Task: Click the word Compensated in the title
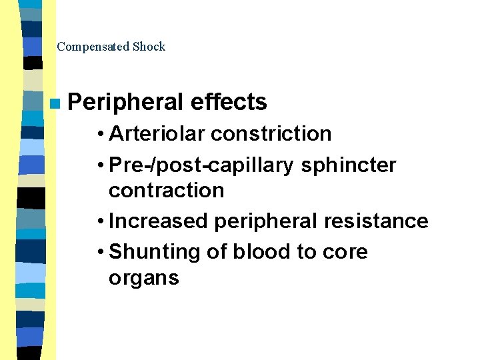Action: (93, 47)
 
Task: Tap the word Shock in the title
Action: (149, 47)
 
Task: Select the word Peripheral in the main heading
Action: (125, 102)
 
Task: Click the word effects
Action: (229, 102)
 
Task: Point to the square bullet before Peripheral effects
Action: (54, 103)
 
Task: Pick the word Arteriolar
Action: (157, 133)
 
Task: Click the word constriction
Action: (271, 133)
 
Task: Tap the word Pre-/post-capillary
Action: (201, 165)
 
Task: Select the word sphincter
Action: (349, 165)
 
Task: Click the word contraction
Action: (166, 191)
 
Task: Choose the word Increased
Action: (159, 221)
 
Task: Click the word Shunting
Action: (153, 252)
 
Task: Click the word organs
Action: (144, 278)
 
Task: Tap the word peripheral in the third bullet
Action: (262, 221)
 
